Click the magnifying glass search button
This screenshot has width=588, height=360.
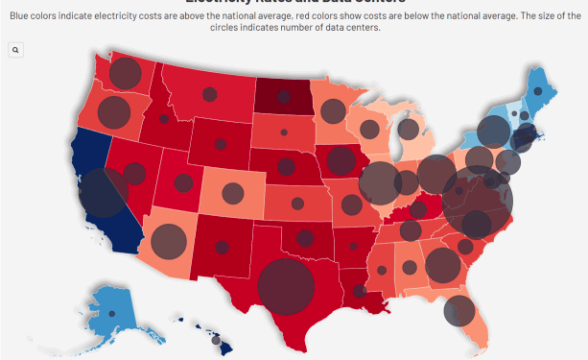click(x=16, y=50)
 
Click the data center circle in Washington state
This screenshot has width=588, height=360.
click(x=124, y=73)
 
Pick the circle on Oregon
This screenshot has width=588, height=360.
click(x=113, y=113)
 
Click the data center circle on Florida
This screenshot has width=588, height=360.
click(x=460, y=310)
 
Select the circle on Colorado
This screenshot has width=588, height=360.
click(x=232, y=193)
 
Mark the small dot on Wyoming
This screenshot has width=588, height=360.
click(x=221, y=145)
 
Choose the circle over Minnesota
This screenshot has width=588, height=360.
click(x=332, y=110)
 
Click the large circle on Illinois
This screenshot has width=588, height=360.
click(x=380, y=180)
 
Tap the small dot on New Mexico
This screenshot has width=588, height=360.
click(x=223, y=247)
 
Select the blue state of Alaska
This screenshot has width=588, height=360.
click(x=101, y=301)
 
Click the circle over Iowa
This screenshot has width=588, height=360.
click(x=341, y=159)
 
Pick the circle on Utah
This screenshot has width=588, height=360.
click(x=183, y=182)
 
